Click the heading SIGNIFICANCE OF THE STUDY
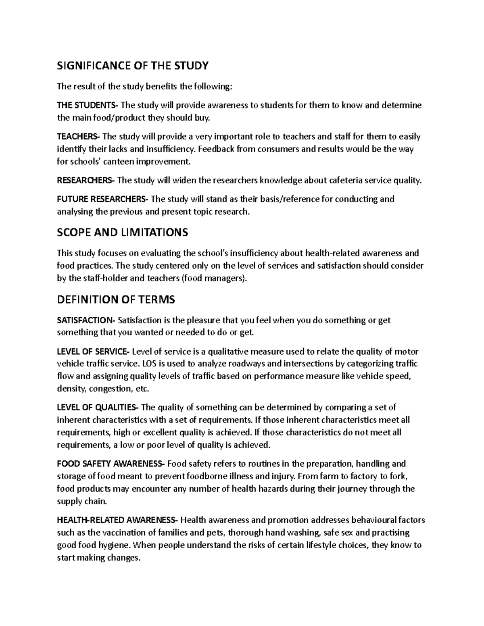133,65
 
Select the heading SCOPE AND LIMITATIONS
123,232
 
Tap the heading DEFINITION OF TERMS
116,299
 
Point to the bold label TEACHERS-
80,137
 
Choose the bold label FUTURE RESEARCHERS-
103,199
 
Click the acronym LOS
148,364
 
